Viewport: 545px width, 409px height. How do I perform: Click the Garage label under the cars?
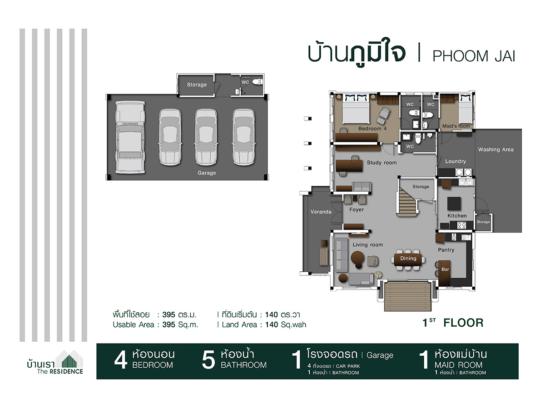(x=207, y=173)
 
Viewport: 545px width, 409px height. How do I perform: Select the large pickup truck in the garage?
(x=130, y=137)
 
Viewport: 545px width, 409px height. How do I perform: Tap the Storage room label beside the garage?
(x=197, y=85)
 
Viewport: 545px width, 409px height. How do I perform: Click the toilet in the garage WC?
(x=257, y=81)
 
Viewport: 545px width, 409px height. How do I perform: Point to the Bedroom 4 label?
(x=372, y=129)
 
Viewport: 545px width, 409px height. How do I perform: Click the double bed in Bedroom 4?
(x=356, y=109)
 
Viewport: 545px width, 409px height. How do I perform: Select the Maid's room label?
(x=456, y=126)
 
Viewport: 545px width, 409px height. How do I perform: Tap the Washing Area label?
(x=496, y=150)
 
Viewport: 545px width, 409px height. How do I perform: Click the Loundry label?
(x=456, y=161)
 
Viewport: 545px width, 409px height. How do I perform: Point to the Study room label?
(x=381, y=163)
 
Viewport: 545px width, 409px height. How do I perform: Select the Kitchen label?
(x=457, y=216)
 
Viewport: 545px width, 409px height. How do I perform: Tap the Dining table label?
(x=408, y=258)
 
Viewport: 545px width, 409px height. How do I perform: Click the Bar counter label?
(x=445, y=269)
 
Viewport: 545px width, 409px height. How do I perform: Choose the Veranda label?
(x=321, y=212)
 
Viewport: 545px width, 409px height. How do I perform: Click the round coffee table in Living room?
(x=357, y=258)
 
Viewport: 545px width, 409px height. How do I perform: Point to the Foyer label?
(x=357, y=209)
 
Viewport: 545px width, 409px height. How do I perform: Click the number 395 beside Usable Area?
(x=168, y=324)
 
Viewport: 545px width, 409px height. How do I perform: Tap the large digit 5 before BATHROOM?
(x=208, y=360)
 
